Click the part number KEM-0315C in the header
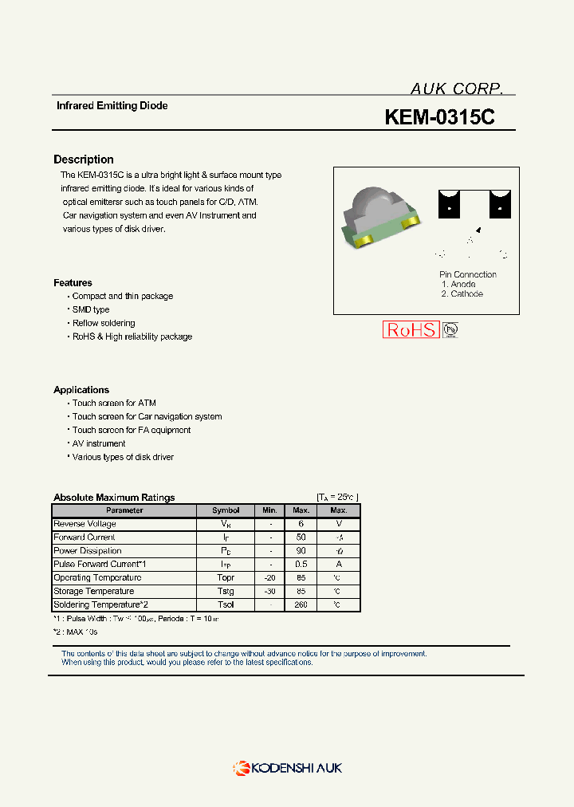[x=439, y=117]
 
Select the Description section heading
[x=84, y=159]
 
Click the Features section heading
[x=73, y=283]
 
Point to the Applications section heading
[x=81, y=390]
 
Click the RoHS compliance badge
[x=411, y=329]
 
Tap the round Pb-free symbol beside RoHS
[x=451, y=329]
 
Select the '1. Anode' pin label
[x=458, y=284]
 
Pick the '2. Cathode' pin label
[x=462, y=294]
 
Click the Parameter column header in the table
[x=124, y=510]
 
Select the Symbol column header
[x=226, y=510]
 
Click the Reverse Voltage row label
[x=85, y=524]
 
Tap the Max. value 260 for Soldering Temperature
[x=301, y=604]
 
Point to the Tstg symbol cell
[x=226, y=591]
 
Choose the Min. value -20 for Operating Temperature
[x=270, y=577]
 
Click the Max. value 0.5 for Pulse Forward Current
[x=301, y=564]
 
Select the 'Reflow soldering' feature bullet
[x=104, y=323]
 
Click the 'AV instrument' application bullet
[x=99, y=443]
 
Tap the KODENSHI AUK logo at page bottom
[x=287, y=768]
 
